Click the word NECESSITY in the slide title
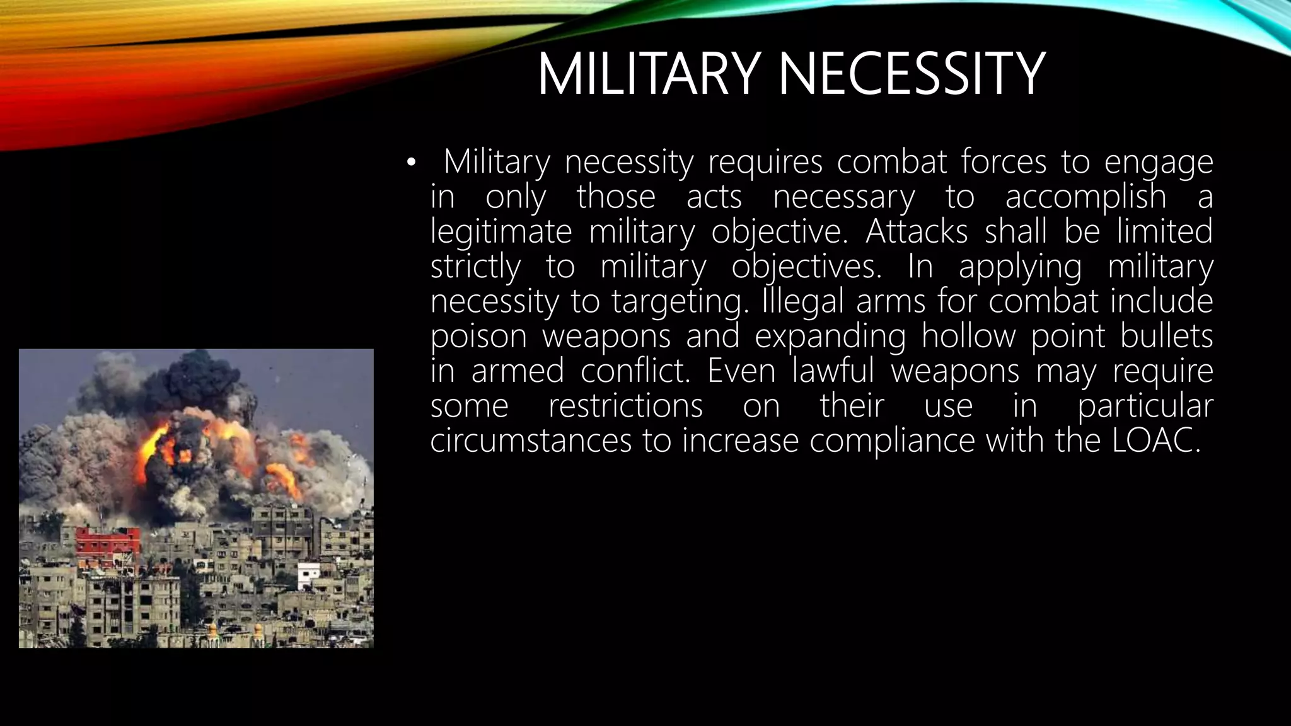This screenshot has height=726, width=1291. tap(912, 74)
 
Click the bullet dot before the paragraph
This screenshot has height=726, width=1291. tap(412, 163)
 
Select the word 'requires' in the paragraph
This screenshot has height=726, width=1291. tap(765, 163)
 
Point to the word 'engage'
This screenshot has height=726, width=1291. tap(1159, 163)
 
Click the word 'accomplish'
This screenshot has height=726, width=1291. tap(1085, 197)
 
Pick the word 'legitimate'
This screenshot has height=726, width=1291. tap(501, 232)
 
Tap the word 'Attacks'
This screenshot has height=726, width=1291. tap(917, 232)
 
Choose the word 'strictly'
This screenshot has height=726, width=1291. tap(475, 267)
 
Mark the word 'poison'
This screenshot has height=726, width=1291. tap(478, 336)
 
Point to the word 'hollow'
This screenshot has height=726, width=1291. tap(968, 336)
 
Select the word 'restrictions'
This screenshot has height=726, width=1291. tap(625, 405)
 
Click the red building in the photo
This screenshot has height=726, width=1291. tap(107, 541)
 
